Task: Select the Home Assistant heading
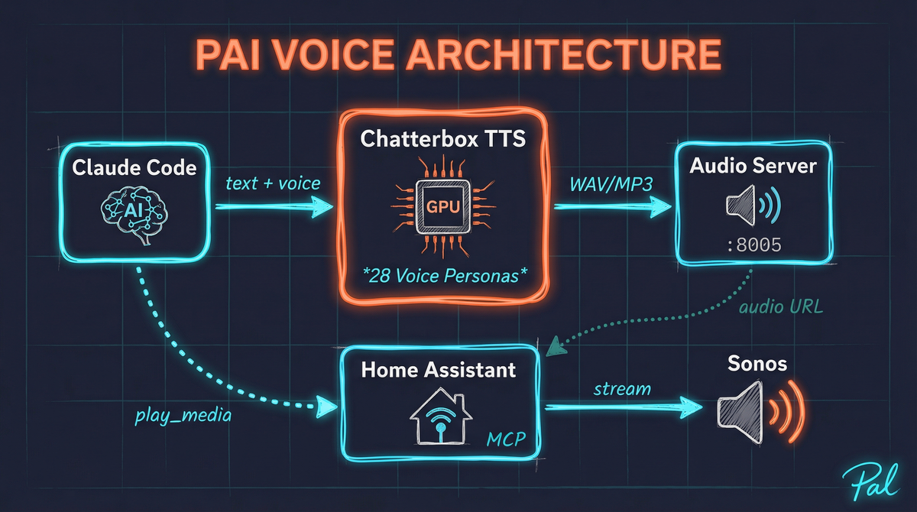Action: pos(439,371)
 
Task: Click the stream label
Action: pos(623,389)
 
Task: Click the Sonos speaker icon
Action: pos(760,411)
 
